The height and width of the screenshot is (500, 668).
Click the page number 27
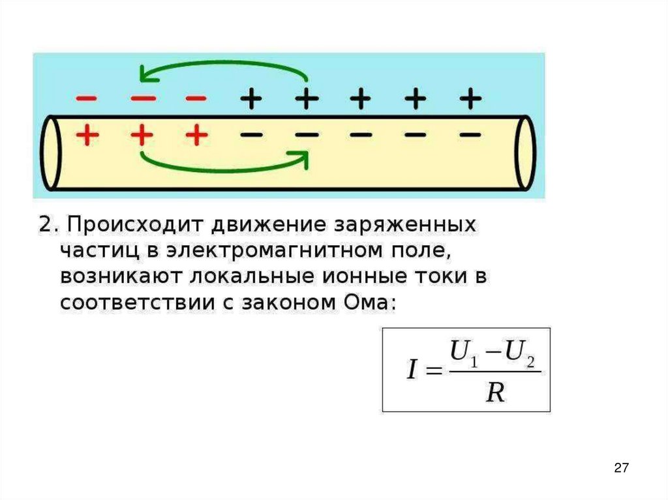(621, 467)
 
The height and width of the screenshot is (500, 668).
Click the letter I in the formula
(412, 370)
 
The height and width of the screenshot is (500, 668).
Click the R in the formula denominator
(496, 392)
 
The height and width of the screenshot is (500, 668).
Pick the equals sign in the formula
(433, 371)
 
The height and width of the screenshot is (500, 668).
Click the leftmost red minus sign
(87, 98)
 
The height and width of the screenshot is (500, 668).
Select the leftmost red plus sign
(87, 136)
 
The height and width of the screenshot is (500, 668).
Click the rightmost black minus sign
(470, 135)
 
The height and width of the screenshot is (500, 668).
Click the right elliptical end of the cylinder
(524, 153)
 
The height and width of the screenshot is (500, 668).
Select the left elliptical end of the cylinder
(50, 153)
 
